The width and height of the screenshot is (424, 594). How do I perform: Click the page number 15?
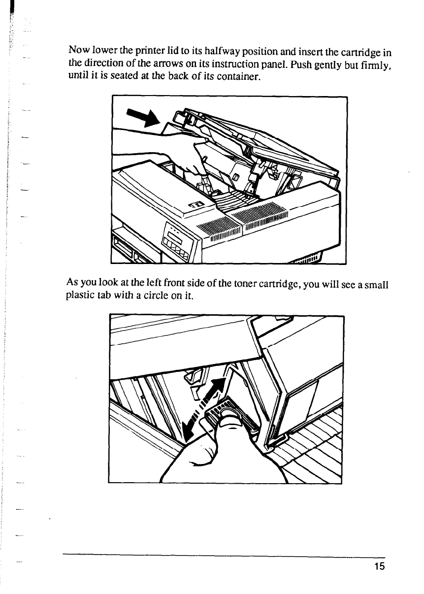(x=378, y=566)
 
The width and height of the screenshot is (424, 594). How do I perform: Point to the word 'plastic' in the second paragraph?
(x=78, y=297)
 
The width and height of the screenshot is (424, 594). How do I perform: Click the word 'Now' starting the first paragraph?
(x=78, y=50)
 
